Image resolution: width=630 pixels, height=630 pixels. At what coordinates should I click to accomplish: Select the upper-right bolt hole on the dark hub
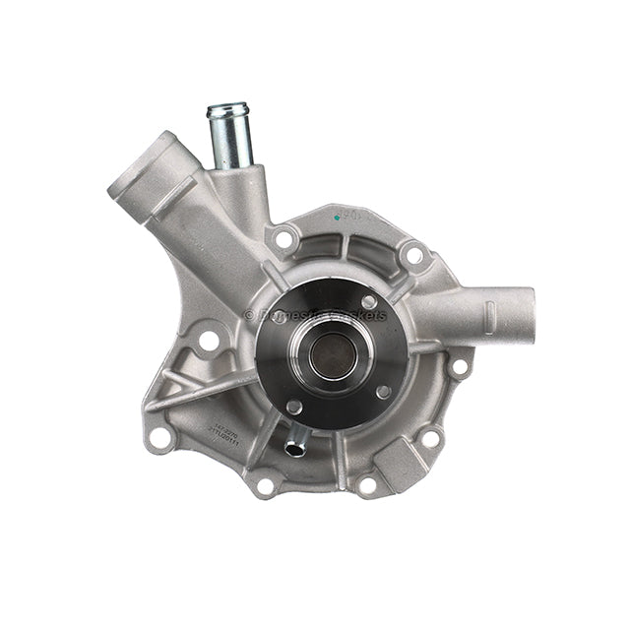[x=368, y=302]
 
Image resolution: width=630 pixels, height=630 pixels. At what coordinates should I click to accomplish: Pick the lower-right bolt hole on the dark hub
[x=383, y=392]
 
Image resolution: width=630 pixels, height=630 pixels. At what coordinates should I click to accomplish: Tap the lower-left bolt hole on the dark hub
[x=293, y=407]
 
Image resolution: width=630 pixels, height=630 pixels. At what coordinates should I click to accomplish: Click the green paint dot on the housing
[x=339, y=216]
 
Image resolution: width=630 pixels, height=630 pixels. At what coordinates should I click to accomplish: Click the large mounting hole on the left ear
[x=208, y=342]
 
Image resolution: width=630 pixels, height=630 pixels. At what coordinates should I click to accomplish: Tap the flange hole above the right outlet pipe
[x=414, y=255]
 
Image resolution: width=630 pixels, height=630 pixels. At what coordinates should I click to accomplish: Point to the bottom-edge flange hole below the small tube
[x=264, y=485]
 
